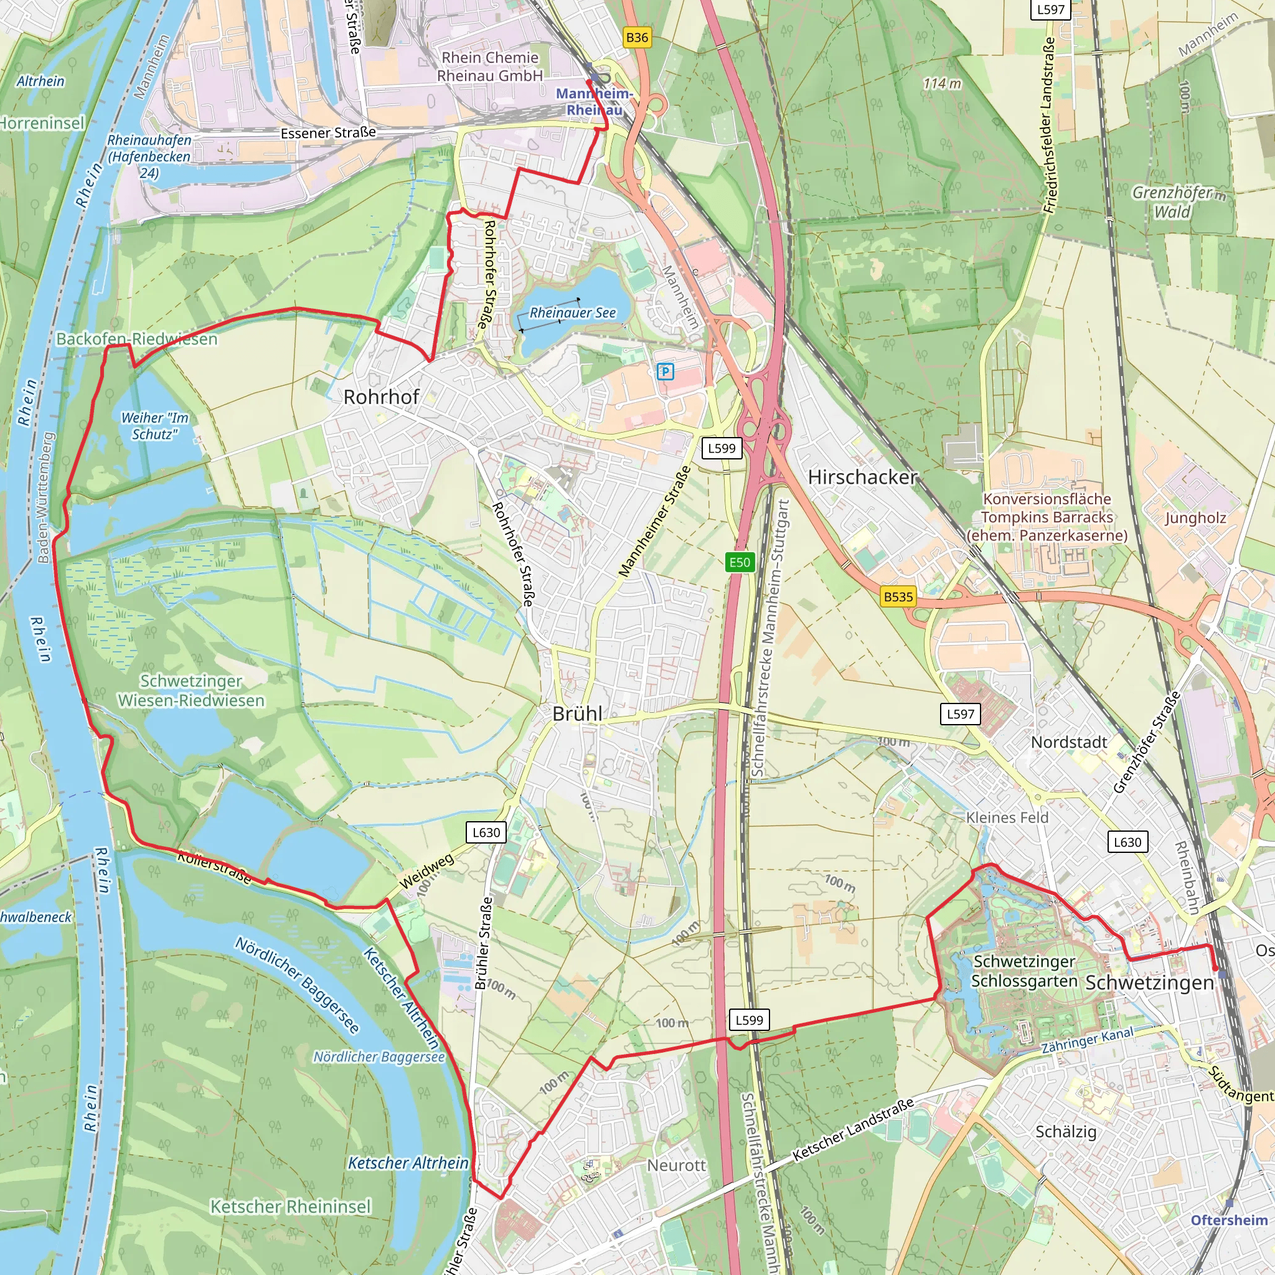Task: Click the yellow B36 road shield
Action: point(637,37)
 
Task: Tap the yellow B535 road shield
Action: point(898,596)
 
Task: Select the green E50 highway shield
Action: point(739,562)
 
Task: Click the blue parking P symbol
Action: point(666,372)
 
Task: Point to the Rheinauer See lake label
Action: point(572,313)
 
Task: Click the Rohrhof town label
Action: point(381,397)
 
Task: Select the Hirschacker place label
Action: point(862,477)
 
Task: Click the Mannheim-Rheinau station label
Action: point(594,101)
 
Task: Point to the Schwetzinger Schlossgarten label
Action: point(1023,971)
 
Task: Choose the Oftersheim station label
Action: point(1229,1220)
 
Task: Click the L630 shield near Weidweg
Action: point(486,832)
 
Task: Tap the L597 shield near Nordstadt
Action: point(960,713)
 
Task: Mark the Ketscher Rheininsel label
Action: point(290,1207)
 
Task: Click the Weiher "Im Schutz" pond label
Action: point(154,426)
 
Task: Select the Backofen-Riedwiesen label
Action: point(136,339)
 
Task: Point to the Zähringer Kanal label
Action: point(1087,1040)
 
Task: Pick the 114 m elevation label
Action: point(942,84)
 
